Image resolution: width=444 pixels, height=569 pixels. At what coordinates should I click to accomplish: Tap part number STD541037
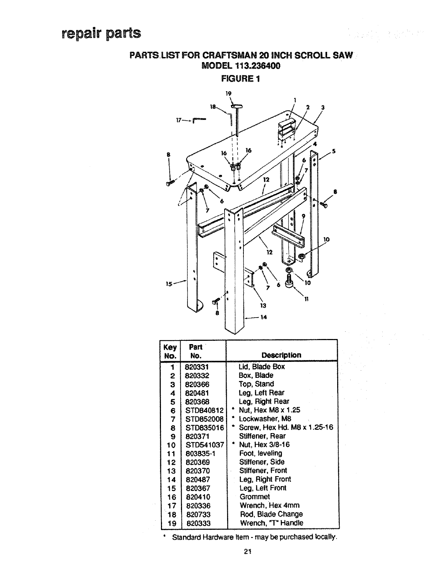tap(204, 445)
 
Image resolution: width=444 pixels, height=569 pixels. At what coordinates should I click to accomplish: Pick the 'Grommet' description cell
tap(255, 497)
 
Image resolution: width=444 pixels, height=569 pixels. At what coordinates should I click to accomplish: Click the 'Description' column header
tap(281, 355)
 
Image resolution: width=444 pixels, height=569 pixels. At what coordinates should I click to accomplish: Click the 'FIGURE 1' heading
tap(241, 78)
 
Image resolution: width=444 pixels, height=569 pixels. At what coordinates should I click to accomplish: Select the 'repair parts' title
tap(101, 33)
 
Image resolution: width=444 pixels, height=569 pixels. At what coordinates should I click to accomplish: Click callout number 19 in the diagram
tap(229, 93)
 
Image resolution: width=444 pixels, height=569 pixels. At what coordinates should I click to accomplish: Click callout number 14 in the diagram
tap(263, 317)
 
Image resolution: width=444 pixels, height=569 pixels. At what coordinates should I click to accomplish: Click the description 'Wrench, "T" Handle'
tap(271, 523)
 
